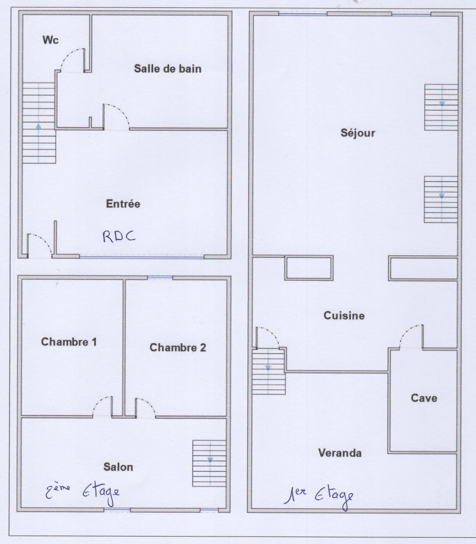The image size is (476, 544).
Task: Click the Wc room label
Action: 51,40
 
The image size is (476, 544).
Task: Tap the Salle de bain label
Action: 168,69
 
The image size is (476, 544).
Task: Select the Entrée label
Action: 123,204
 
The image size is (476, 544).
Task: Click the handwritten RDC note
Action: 119,237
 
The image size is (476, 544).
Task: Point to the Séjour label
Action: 358,133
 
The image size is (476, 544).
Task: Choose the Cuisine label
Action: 344,316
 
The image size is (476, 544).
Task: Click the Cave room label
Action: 424,398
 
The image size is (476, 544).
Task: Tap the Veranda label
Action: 340,453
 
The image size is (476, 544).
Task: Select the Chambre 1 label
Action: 69,342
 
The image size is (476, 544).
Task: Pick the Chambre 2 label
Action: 178,347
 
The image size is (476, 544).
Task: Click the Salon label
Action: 118,467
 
